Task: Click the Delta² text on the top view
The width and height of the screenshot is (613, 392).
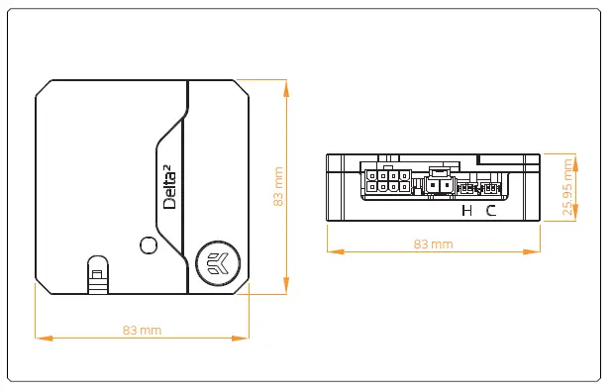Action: click(169, 188)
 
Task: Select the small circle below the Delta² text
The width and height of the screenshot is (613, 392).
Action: click(149, 245)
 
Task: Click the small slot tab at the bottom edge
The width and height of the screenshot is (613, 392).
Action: click(97, 274)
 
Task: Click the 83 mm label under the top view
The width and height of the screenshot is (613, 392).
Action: click(142, 330)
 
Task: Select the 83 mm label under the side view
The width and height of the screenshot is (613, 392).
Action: click(433, 244)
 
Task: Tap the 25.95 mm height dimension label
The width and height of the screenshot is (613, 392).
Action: click(568, 188)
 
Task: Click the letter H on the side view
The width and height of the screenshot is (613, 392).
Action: click(468, 210)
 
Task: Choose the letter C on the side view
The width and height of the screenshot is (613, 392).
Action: click(491, 210)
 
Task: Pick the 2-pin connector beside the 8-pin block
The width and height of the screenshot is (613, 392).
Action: click(439, 184)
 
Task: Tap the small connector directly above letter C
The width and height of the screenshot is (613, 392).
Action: click(487, 186)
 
